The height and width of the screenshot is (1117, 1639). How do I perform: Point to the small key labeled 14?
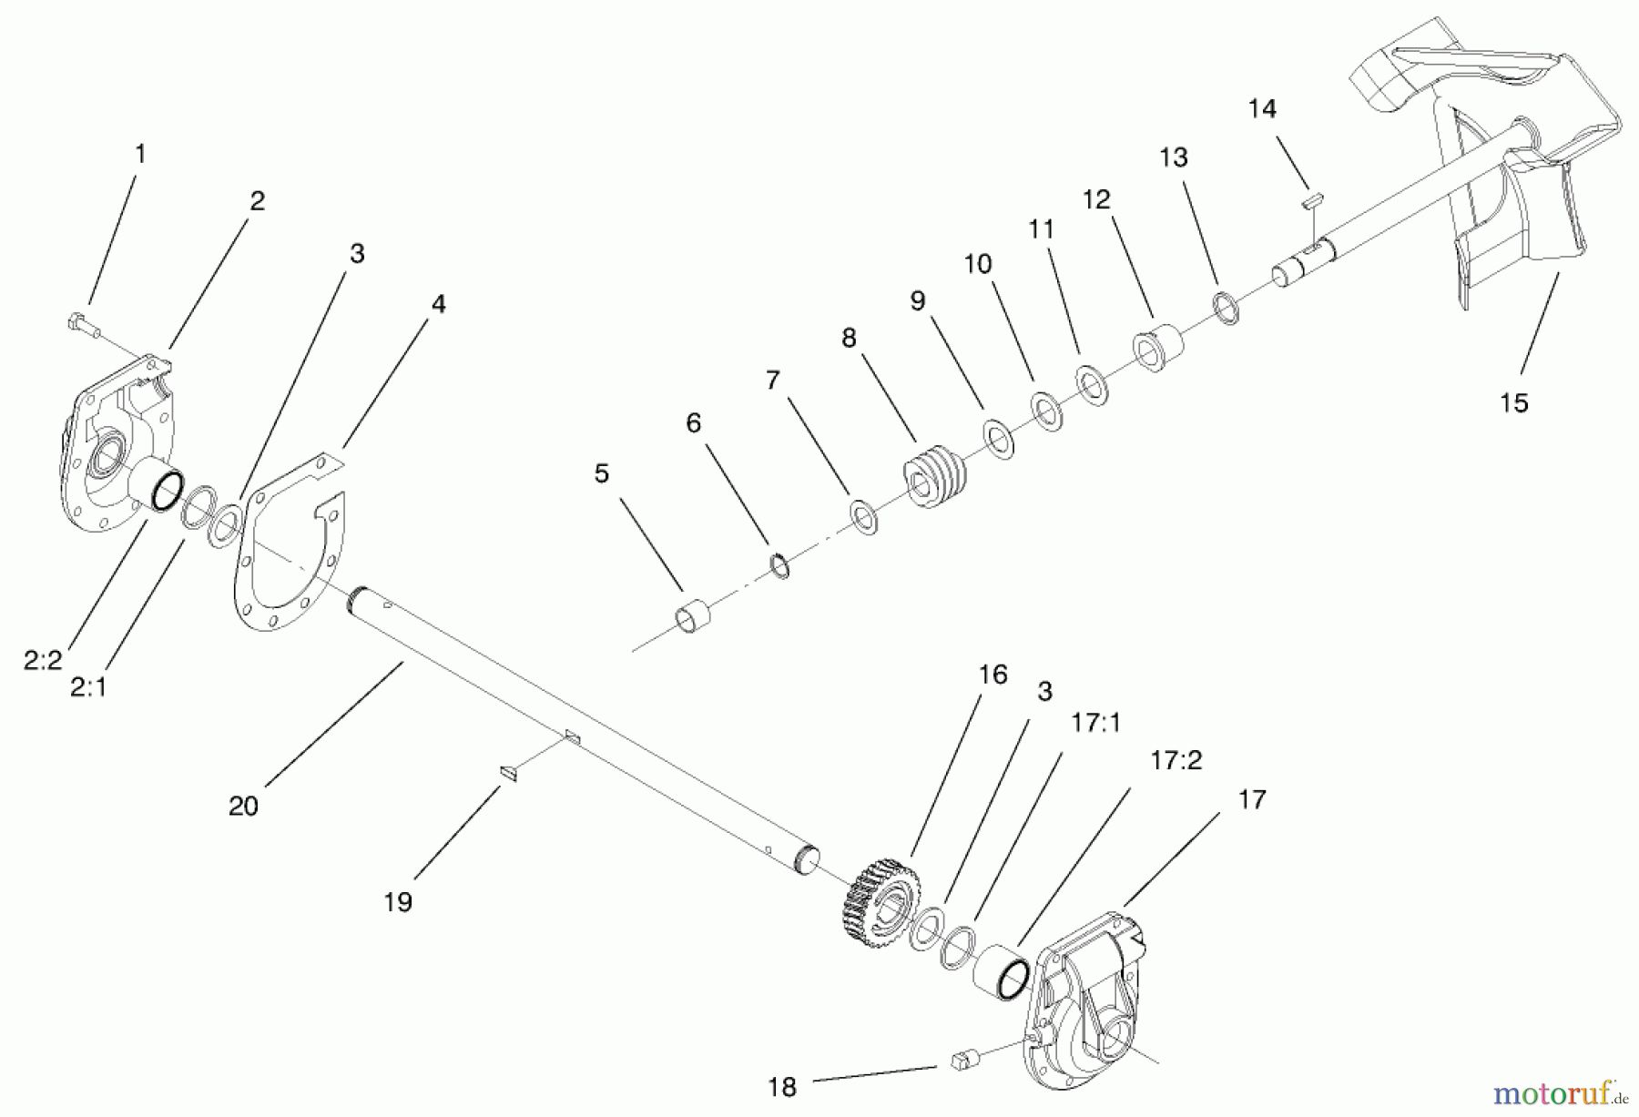(1313, 199)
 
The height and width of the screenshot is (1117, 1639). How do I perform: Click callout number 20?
(243, 806)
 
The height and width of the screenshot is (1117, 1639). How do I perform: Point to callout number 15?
(1513, 402)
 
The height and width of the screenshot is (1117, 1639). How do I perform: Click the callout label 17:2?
(1176, 760)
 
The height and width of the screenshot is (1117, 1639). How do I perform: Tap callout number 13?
(1174, 157)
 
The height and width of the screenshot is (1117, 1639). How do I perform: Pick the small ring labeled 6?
(780, 566)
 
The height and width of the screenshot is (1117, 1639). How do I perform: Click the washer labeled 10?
(1047, 411)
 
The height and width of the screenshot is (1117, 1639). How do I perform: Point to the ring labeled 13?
(1227, 309)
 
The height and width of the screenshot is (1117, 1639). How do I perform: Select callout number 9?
(917, 300)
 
